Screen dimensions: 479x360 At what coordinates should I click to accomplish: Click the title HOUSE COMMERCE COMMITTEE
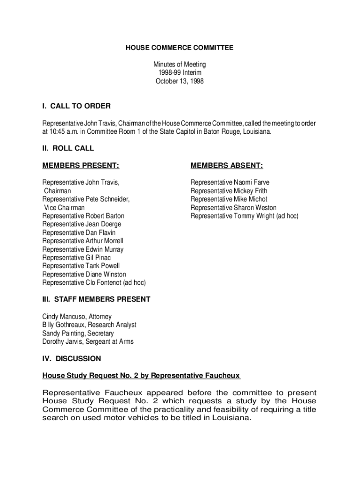pos(180,48)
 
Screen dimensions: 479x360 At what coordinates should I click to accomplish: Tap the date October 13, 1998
pos(180,81)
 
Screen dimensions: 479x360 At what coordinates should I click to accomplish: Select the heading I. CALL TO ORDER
pos(76,106)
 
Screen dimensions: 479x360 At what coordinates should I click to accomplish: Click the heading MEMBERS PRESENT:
pos(80,166)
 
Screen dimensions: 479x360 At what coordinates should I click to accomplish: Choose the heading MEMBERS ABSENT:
pos(226,166)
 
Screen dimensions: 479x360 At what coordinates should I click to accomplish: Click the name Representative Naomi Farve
pos(230,182)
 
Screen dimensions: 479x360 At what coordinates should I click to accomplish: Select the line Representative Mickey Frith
pos(229,191)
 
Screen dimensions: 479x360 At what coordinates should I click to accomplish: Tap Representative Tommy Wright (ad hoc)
pos(244,216)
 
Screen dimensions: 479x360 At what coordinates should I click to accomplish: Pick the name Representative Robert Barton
pos(83,216)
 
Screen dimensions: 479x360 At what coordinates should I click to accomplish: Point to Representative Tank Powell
pos(81,266)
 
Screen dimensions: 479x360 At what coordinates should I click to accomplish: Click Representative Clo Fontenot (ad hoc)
pos(94,283)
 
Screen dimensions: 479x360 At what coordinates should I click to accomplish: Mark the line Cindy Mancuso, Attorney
pos(77,317)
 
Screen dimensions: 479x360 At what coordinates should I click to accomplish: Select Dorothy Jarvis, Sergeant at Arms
pos(88,342)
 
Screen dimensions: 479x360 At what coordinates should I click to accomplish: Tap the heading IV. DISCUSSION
pos(72,359)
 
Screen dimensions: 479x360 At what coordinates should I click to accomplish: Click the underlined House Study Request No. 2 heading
pos(141,376)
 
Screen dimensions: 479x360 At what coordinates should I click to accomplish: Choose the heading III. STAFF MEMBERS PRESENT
pos(96,299)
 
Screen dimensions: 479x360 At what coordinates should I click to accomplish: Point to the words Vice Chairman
pos(65,208)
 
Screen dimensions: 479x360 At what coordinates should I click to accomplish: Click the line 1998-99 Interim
pos(180,73)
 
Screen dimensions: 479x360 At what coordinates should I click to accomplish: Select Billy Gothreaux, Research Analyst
pos(89,325)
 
